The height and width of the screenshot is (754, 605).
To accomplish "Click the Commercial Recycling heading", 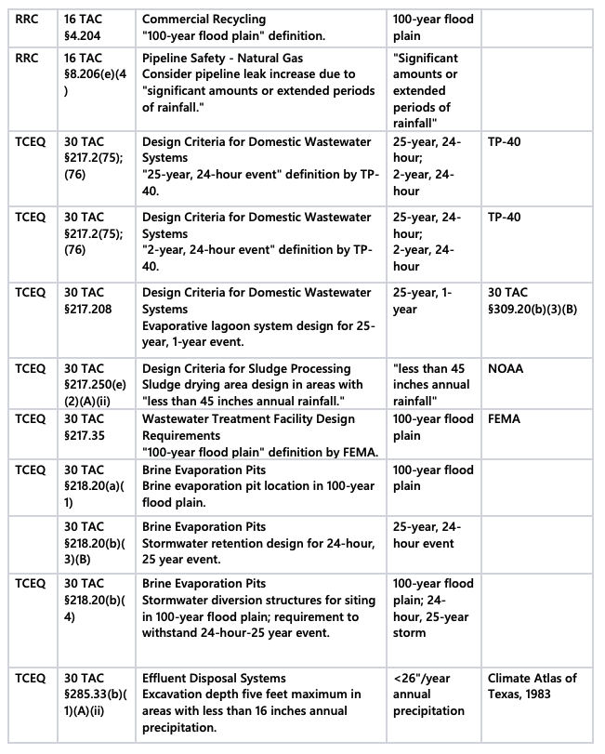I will tap(204, 19).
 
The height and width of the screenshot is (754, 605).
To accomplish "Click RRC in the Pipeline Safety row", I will tap(28, 58).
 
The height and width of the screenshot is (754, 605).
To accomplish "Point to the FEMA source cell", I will tap(505, 418).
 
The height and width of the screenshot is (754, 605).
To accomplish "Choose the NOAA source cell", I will tap(506, 368).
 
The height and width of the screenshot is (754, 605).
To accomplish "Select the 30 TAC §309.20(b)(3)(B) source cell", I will tap(533, 300).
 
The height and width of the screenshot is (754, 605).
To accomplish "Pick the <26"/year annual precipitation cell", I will tap(429, 694).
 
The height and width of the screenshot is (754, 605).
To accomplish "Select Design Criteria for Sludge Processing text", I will tap(246, 368).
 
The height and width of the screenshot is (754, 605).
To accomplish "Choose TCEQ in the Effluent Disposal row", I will tap(31, 678).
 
